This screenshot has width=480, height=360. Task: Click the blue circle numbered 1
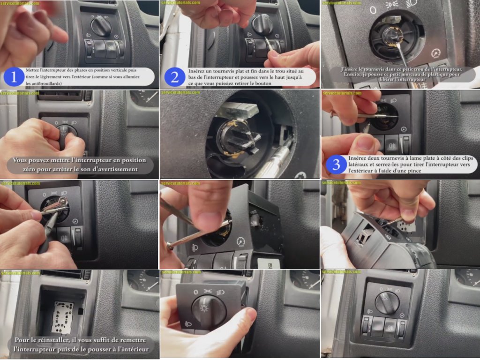[14, 77]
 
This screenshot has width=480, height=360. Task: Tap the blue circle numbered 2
[174, 77]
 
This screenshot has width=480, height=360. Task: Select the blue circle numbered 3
[336, 165]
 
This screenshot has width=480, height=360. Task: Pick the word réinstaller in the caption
[53, 340]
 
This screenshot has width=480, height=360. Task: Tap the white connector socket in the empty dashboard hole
[62, 317]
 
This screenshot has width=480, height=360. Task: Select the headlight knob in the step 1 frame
[101, 25]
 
